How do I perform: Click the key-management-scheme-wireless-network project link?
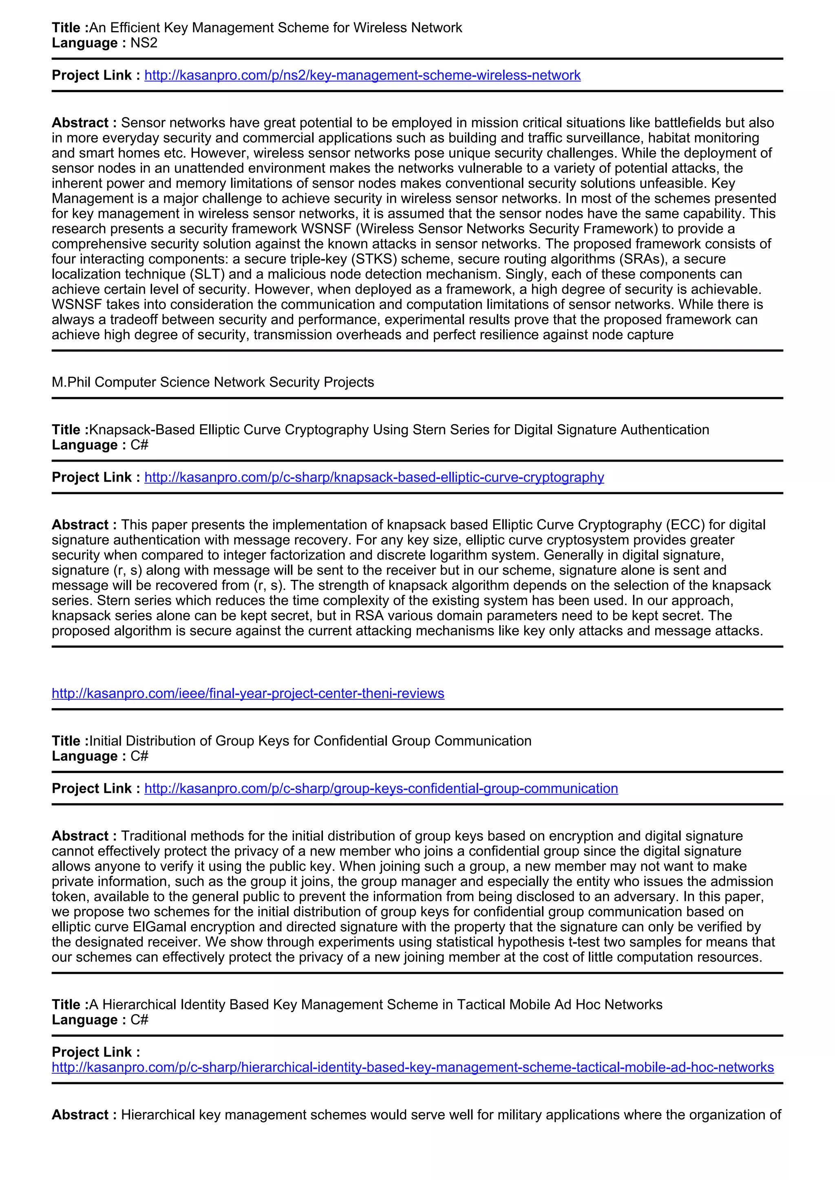click(362, 75)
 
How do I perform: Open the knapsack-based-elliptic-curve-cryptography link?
click(374, 478)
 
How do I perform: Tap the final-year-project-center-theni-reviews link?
click(248, 694)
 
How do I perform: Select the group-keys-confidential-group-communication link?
click(381, 789)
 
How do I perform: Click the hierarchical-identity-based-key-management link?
click(412, 1068)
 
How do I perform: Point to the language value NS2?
click(144, 43)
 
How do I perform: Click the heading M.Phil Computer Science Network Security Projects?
click(213, 382)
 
